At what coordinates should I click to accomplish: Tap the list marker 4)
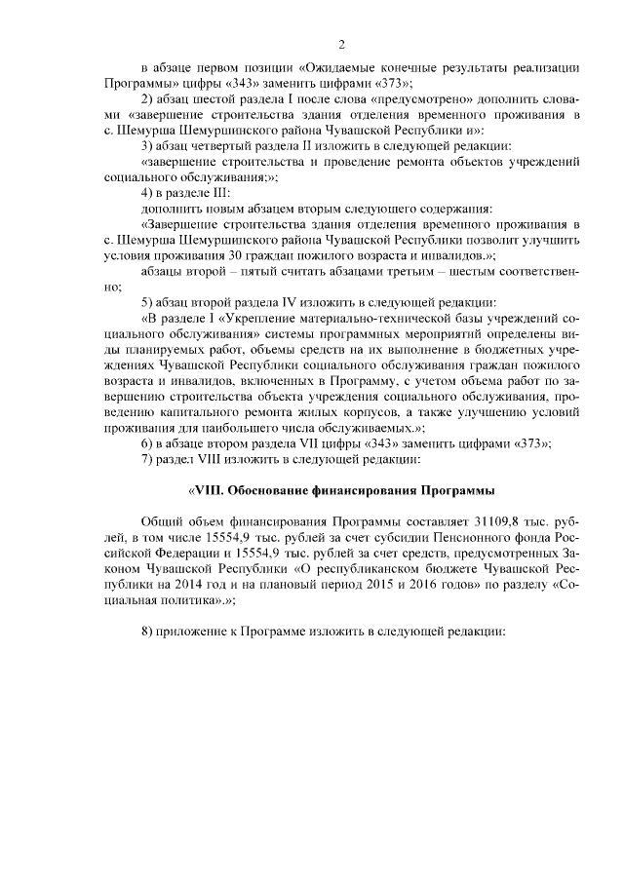(x=147, y=194)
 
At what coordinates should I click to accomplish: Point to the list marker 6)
(x=147, y=443)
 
